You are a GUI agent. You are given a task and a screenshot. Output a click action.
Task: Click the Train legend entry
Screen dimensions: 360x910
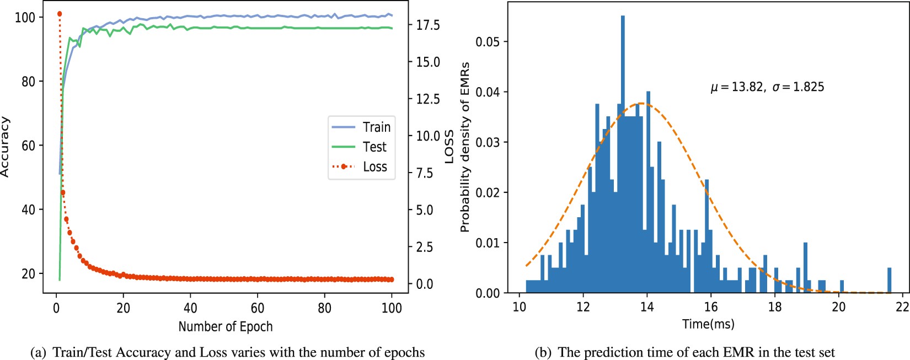click(361, 127)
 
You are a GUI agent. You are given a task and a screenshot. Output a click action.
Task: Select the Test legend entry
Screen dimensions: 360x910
click(361, 147)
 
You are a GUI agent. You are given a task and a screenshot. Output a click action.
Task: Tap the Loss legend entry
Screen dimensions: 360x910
click(361, 166)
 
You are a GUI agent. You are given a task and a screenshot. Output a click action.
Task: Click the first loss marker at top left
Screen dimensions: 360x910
click(60, 14)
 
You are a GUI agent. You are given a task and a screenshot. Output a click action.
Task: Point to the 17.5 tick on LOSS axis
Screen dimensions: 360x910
click(427, 25)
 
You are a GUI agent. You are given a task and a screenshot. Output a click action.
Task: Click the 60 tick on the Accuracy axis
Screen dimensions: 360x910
click(28, 146)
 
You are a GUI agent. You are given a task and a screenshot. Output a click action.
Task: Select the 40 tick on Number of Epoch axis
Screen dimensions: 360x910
click(190, 308)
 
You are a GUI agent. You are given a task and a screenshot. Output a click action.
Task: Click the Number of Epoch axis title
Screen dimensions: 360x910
click(225, 326)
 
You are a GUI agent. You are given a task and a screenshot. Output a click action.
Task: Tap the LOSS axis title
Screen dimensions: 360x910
click(449, 147)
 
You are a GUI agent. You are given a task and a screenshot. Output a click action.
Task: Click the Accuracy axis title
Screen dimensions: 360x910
click(5, 147)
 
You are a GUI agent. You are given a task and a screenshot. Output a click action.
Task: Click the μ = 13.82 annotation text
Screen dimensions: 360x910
click(737, 87)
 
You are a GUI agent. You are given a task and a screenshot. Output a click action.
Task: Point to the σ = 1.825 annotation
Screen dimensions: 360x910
click(798, 87)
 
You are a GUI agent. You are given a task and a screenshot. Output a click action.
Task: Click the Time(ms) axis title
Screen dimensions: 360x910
click(708, 324)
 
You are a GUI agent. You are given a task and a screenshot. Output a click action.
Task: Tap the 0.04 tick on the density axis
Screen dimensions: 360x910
click(488, 92)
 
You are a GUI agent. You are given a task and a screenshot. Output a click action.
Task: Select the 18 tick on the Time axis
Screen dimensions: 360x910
click(775, 307)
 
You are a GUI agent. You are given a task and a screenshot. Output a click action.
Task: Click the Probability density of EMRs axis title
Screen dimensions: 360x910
click(465, 147)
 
